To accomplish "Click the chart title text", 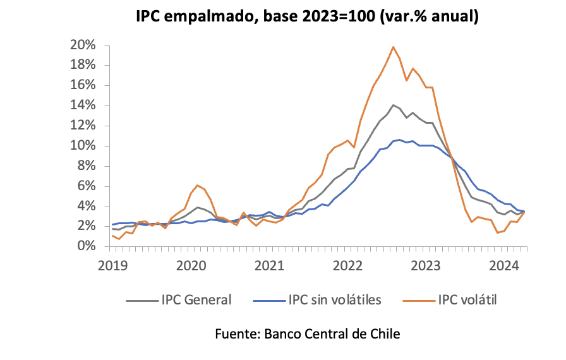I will [x=308, y=16].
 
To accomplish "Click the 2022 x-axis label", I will [x=347, y=265].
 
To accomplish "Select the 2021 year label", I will [x=268, y=265].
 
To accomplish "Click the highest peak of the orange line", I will [x=394, y=47].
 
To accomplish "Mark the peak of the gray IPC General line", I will [x=394, y=105].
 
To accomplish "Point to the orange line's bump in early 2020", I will [x=198, y=185].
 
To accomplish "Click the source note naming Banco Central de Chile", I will [x=308, y=333].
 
